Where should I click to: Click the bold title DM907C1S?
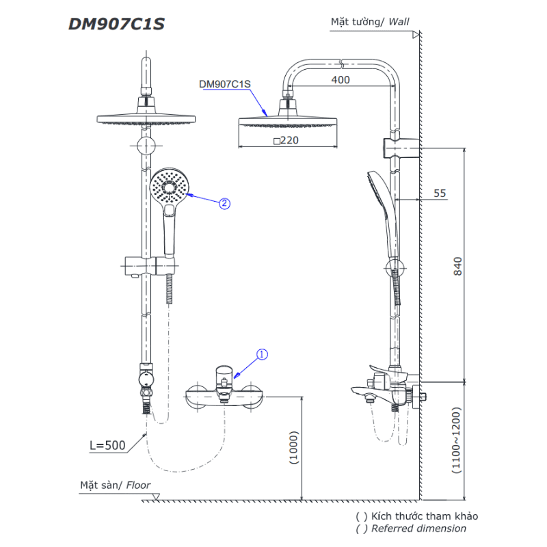coord(116,24)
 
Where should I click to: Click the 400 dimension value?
coord(340,80)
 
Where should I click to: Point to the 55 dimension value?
coord(439,194)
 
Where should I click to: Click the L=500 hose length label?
coord(107,446)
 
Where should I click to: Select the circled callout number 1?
coord(263,354)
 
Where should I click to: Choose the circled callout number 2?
coord(224,203)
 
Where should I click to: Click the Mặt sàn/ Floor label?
coord(115,485)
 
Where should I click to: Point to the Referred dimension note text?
coord(418,529)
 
